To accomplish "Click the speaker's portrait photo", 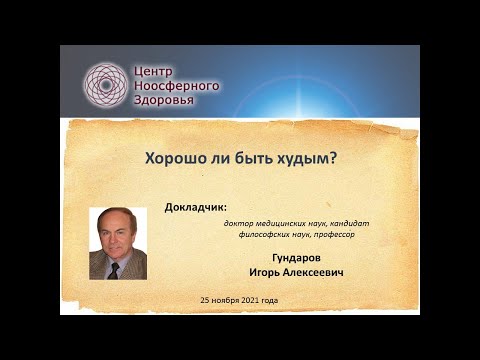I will (118, 243).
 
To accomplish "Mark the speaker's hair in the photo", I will (116, 218).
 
